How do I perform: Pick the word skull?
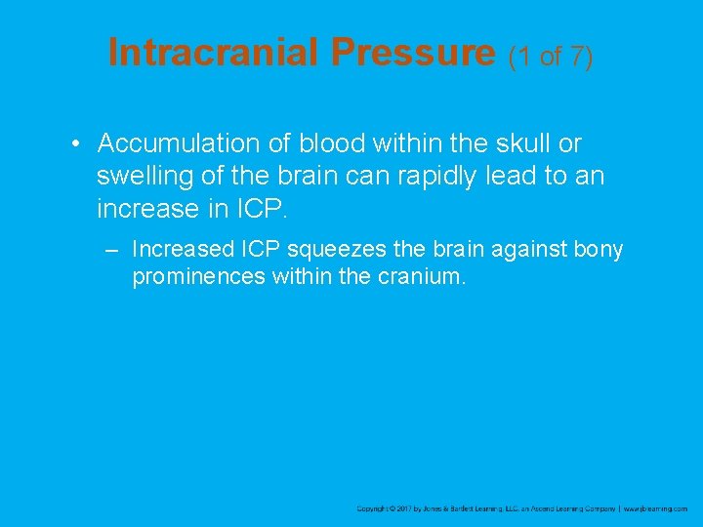click(x=522, y=144)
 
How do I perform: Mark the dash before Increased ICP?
click(x=113, y=250)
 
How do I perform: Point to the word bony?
click(x=599, y=250)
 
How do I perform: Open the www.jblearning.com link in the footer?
click(x=656, y=508)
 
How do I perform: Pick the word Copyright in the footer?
click(x=372, y=508)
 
